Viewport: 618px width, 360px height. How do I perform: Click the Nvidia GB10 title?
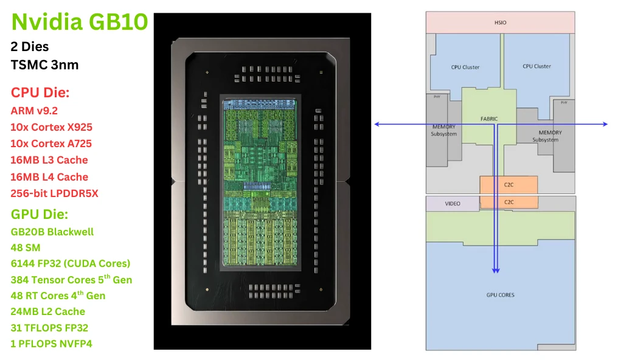tap(79, 22)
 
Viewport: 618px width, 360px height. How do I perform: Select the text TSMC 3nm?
tap(44, 64)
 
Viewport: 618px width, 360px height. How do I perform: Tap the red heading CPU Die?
tap(40, 93)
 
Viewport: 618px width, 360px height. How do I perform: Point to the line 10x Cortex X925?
tap(52, 127)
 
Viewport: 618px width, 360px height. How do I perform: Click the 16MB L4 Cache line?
tap(49, 177)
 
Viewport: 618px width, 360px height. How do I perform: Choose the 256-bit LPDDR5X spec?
tap(54, 193)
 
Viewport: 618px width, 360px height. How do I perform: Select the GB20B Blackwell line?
tap(52, 232)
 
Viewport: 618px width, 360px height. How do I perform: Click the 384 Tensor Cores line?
tap(71, 280)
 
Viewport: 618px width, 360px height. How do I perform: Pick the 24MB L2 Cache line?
tap(48, 311)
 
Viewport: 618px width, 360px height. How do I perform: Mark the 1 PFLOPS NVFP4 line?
tap(52, 344)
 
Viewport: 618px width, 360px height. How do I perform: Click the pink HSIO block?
tap(500, 22)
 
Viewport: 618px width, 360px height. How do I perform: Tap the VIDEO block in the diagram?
tap(453, 204)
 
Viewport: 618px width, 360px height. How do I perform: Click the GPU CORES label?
tap(500, 295)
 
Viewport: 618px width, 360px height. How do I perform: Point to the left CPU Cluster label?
tap(465, 67)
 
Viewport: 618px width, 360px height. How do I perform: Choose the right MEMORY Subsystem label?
tap(549, 136)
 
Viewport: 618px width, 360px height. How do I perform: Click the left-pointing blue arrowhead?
tap(377, 124)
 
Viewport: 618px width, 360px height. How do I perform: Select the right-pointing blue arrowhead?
tap(605, 124)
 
